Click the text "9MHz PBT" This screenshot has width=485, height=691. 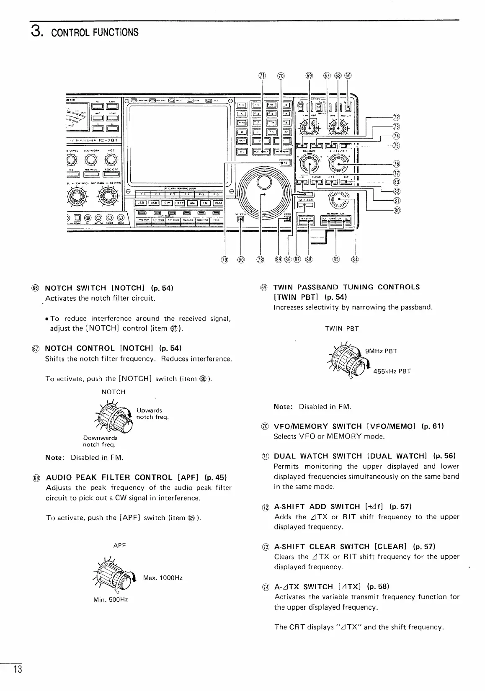click(x=381, y=351)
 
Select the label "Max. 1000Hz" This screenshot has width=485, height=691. click(x=163, y=578)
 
